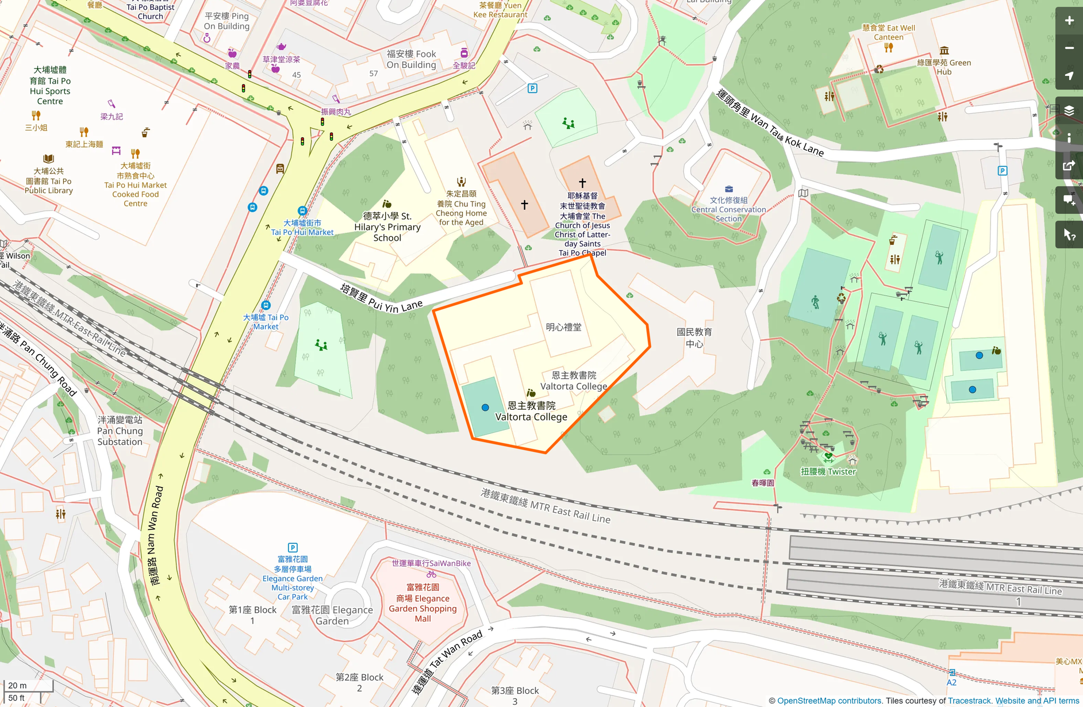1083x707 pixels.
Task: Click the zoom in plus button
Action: coord(1069,21)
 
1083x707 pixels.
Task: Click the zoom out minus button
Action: coord(1069,48)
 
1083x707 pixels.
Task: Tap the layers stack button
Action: coord(1069,110)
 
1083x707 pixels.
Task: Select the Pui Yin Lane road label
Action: coord(381,299)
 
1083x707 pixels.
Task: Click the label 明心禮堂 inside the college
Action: coord(563,327)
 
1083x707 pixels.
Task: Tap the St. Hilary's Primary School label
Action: coord(387,226)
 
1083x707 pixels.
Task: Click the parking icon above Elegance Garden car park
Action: coord(293,548)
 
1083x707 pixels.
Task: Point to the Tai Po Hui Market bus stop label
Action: coord(302,228)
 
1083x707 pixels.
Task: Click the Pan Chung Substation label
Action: coord(120,431)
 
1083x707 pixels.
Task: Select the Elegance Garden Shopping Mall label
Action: coord(423,603)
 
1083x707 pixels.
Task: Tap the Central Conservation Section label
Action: coord(728,209)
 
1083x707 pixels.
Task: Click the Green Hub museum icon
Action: coord(944,51)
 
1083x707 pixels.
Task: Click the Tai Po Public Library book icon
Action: coord(48,159)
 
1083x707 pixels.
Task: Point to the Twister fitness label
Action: coord(828,472)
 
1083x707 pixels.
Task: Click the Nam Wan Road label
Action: coord(156,535)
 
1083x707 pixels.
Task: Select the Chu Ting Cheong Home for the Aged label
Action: coord(461,208)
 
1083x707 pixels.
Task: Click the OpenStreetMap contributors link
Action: coord(829,701)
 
